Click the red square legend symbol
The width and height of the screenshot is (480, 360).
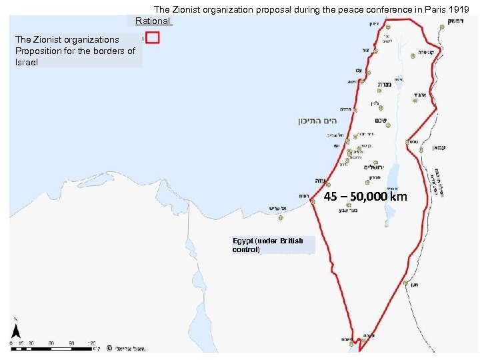[151, 39]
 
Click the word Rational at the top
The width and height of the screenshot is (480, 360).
[152, 21]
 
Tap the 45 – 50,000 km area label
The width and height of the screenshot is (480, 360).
[365, 197]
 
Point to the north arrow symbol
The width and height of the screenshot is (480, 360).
[15, 331]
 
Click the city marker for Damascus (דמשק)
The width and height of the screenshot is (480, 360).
[443, 27]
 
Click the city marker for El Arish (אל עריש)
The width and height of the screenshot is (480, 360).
[281, 217]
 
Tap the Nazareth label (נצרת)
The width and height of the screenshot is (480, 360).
[385, 85]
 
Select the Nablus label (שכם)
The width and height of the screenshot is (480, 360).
[382, 121]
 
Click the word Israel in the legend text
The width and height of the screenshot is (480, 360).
[27, 62]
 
